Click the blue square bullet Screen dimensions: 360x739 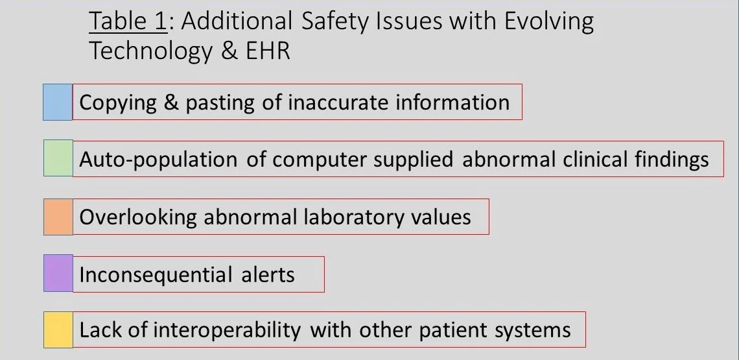(x=58, y=102)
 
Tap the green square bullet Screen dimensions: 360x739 (x=58, y=158)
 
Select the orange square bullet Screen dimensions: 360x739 (x=58, y=216)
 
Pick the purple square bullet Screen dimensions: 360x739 (x=58, y=273)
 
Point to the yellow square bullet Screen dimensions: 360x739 (x=58, y=330)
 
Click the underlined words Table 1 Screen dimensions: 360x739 (x=128, y=22)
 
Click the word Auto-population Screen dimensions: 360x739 (x=159, y=159)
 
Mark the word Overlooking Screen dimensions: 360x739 (x=138, y=217)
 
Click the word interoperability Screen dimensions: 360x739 (x=228, y=330)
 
